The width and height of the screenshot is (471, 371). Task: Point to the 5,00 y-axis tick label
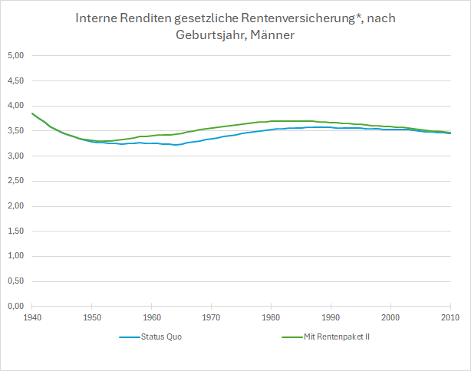(x=16, y=56)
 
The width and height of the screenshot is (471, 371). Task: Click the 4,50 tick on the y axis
(x=16, y=80)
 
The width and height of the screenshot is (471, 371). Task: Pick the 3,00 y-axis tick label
(x=16, y=156)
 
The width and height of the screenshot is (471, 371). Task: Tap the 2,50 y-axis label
(x=16, y=181)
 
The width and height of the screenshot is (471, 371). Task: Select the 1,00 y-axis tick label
(x=16, y=256)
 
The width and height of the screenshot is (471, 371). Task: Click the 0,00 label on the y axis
(x=16, y=306)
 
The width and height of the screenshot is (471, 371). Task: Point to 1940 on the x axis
(x=32, y=317)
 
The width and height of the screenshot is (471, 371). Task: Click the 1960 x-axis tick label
(x=152, y=317)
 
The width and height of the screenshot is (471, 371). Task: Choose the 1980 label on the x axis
(x=271, y=317)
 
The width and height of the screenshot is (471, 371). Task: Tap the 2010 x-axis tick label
(x=450, y=317)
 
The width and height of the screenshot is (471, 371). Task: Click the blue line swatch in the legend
(x=130, y=337)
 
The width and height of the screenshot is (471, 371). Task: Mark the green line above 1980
(x=271, y=121)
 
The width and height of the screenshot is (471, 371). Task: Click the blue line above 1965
(x=182, y=144)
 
